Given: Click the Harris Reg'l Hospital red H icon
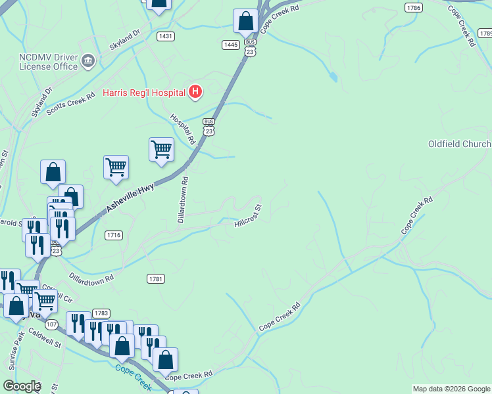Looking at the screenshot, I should point(195,92).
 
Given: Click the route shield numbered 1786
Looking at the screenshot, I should point(414,7).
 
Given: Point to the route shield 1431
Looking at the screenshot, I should point(166,36).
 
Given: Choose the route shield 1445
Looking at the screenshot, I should point(230,45).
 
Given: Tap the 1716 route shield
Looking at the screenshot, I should point(113,235).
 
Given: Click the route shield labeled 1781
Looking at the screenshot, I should point(156,279).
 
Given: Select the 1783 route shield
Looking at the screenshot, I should point(101,313).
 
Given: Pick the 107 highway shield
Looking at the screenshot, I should point(53,324).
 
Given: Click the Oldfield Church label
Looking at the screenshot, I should point(459,144).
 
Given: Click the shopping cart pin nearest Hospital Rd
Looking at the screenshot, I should point(161,150).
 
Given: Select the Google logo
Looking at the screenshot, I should point(22,386).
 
